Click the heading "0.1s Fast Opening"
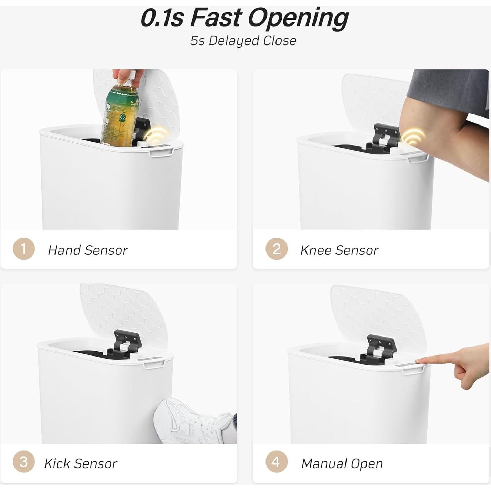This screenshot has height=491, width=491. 244,18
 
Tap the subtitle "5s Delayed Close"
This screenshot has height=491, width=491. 243,41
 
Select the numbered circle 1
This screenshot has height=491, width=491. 23,249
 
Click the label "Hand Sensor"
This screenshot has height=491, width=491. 88,250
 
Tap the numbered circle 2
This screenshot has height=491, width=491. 277,249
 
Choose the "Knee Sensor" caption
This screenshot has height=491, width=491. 339,250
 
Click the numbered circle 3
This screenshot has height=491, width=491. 23,462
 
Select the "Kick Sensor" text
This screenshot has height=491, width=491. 80,464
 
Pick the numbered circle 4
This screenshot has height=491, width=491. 276,462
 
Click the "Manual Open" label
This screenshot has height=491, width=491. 342,464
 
